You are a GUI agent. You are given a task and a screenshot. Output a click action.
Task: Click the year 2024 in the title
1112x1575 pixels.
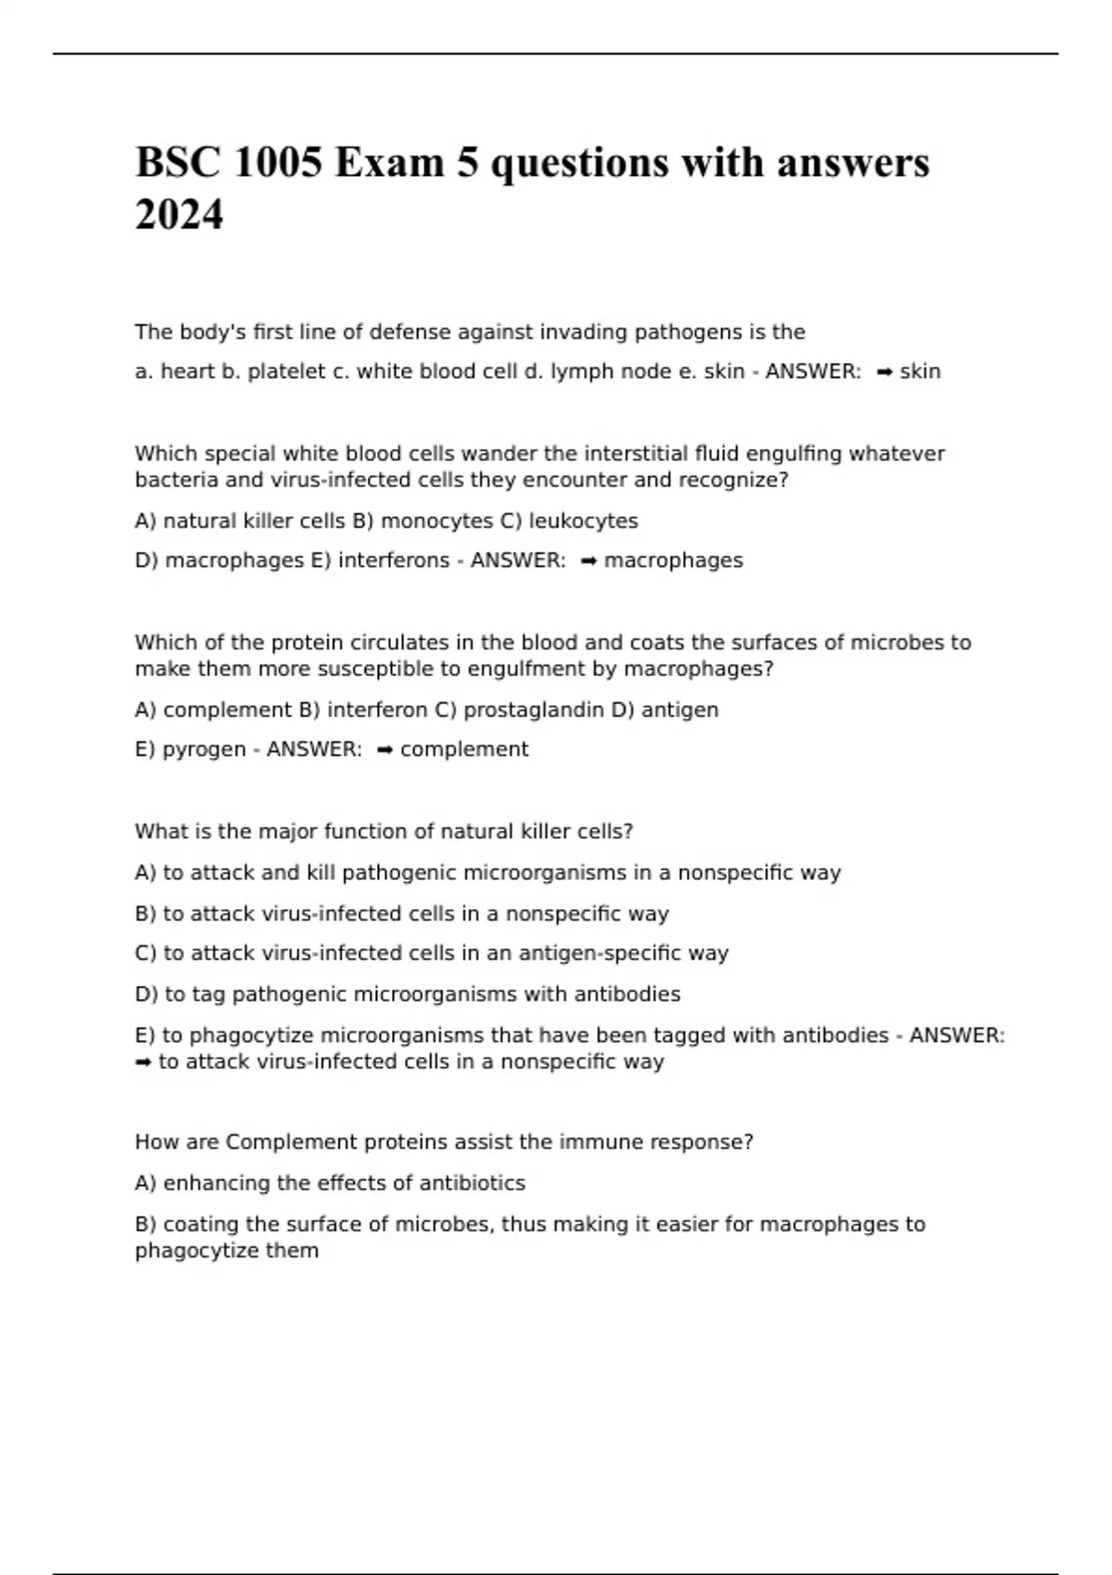tap(179, 215)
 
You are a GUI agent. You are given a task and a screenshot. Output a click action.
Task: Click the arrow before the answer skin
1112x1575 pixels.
tap(884, 372)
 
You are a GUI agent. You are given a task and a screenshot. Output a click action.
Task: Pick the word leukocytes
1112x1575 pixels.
tap(583, 521)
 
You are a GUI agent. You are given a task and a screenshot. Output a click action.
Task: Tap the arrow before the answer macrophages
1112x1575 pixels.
tap(588, 561)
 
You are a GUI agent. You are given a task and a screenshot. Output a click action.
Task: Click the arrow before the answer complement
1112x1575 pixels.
tap(385, 750)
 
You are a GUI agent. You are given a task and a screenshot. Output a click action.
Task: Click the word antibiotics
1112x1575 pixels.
tap(472, 1183)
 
